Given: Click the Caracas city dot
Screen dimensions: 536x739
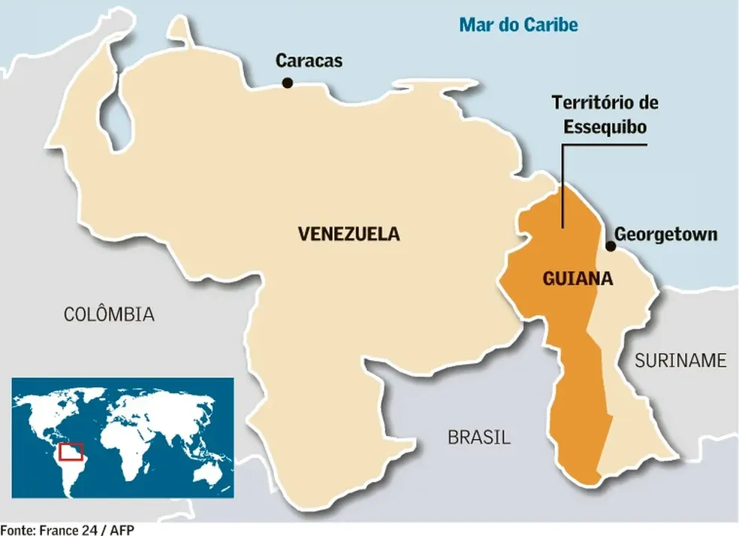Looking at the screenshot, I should (x=287, y=83).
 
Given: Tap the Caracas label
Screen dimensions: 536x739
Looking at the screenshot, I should (x=309, y=61).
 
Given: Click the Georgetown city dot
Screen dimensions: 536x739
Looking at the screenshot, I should (x=610, y=246).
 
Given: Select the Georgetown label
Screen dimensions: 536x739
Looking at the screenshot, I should (x=665, y=235).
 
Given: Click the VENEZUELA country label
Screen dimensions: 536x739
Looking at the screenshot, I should (x=348, y=234).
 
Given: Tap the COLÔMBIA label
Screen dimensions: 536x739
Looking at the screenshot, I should (x=109, y=314).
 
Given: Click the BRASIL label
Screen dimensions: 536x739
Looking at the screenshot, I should (x=478, y=437).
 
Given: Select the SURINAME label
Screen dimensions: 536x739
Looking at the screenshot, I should (x=680, y=360).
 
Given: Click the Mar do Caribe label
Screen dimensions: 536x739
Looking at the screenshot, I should (x=519, y=25).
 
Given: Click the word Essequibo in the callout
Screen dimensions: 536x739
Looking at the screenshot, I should (x=605, y=126).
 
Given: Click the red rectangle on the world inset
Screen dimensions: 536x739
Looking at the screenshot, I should (x=71, y=451).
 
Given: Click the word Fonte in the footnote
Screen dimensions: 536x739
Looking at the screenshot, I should (x=15, y=530).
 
